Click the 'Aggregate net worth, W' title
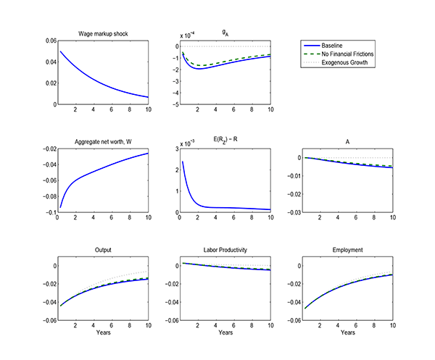point(101,141)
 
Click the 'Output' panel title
point(101,250)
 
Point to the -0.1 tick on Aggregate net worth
point(48,212)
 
